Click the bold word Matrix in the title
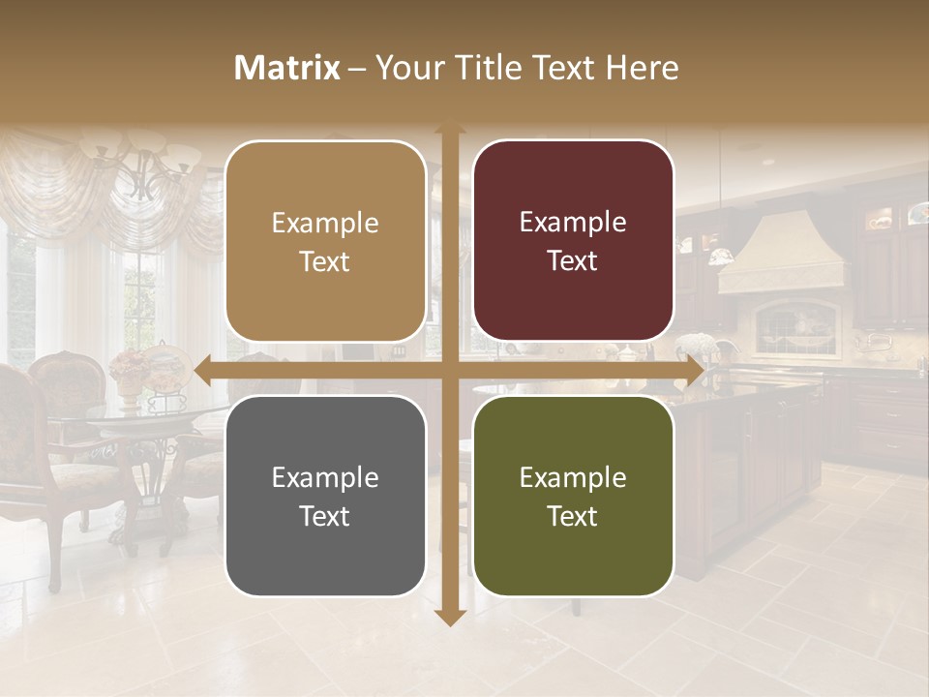(x=287, y=68)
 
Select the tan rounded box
(x=325, y=241)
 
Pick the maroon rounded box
(x=573, y=241)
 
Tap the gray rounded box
(x=325, y=496)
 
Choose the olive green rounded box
(x=573, y=496)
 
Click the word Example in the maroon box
(x=573, y=222)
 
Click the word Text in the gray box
(x=325, y=516)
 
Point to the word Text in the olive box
(x=573, y=516)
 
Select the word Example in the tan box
(x=325, y=223)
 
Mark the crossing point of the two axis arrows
(x=449, y=370)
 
